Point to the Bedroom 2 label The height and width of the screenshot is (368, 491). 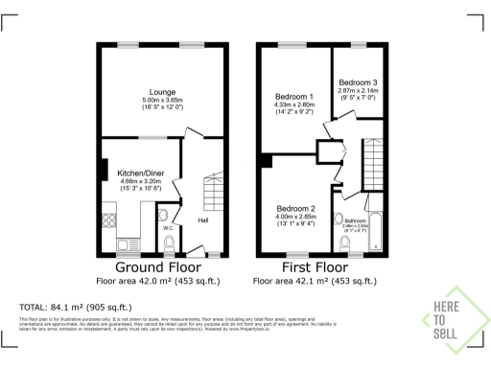(x=296, y=209)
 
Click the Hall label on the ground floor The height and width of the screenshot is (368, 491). (x=203, y=220)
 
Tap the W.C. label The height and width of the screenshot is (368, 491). (x=167, y=228)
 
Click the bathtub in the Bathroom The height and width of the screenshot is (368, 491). (x=375, y=230)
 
